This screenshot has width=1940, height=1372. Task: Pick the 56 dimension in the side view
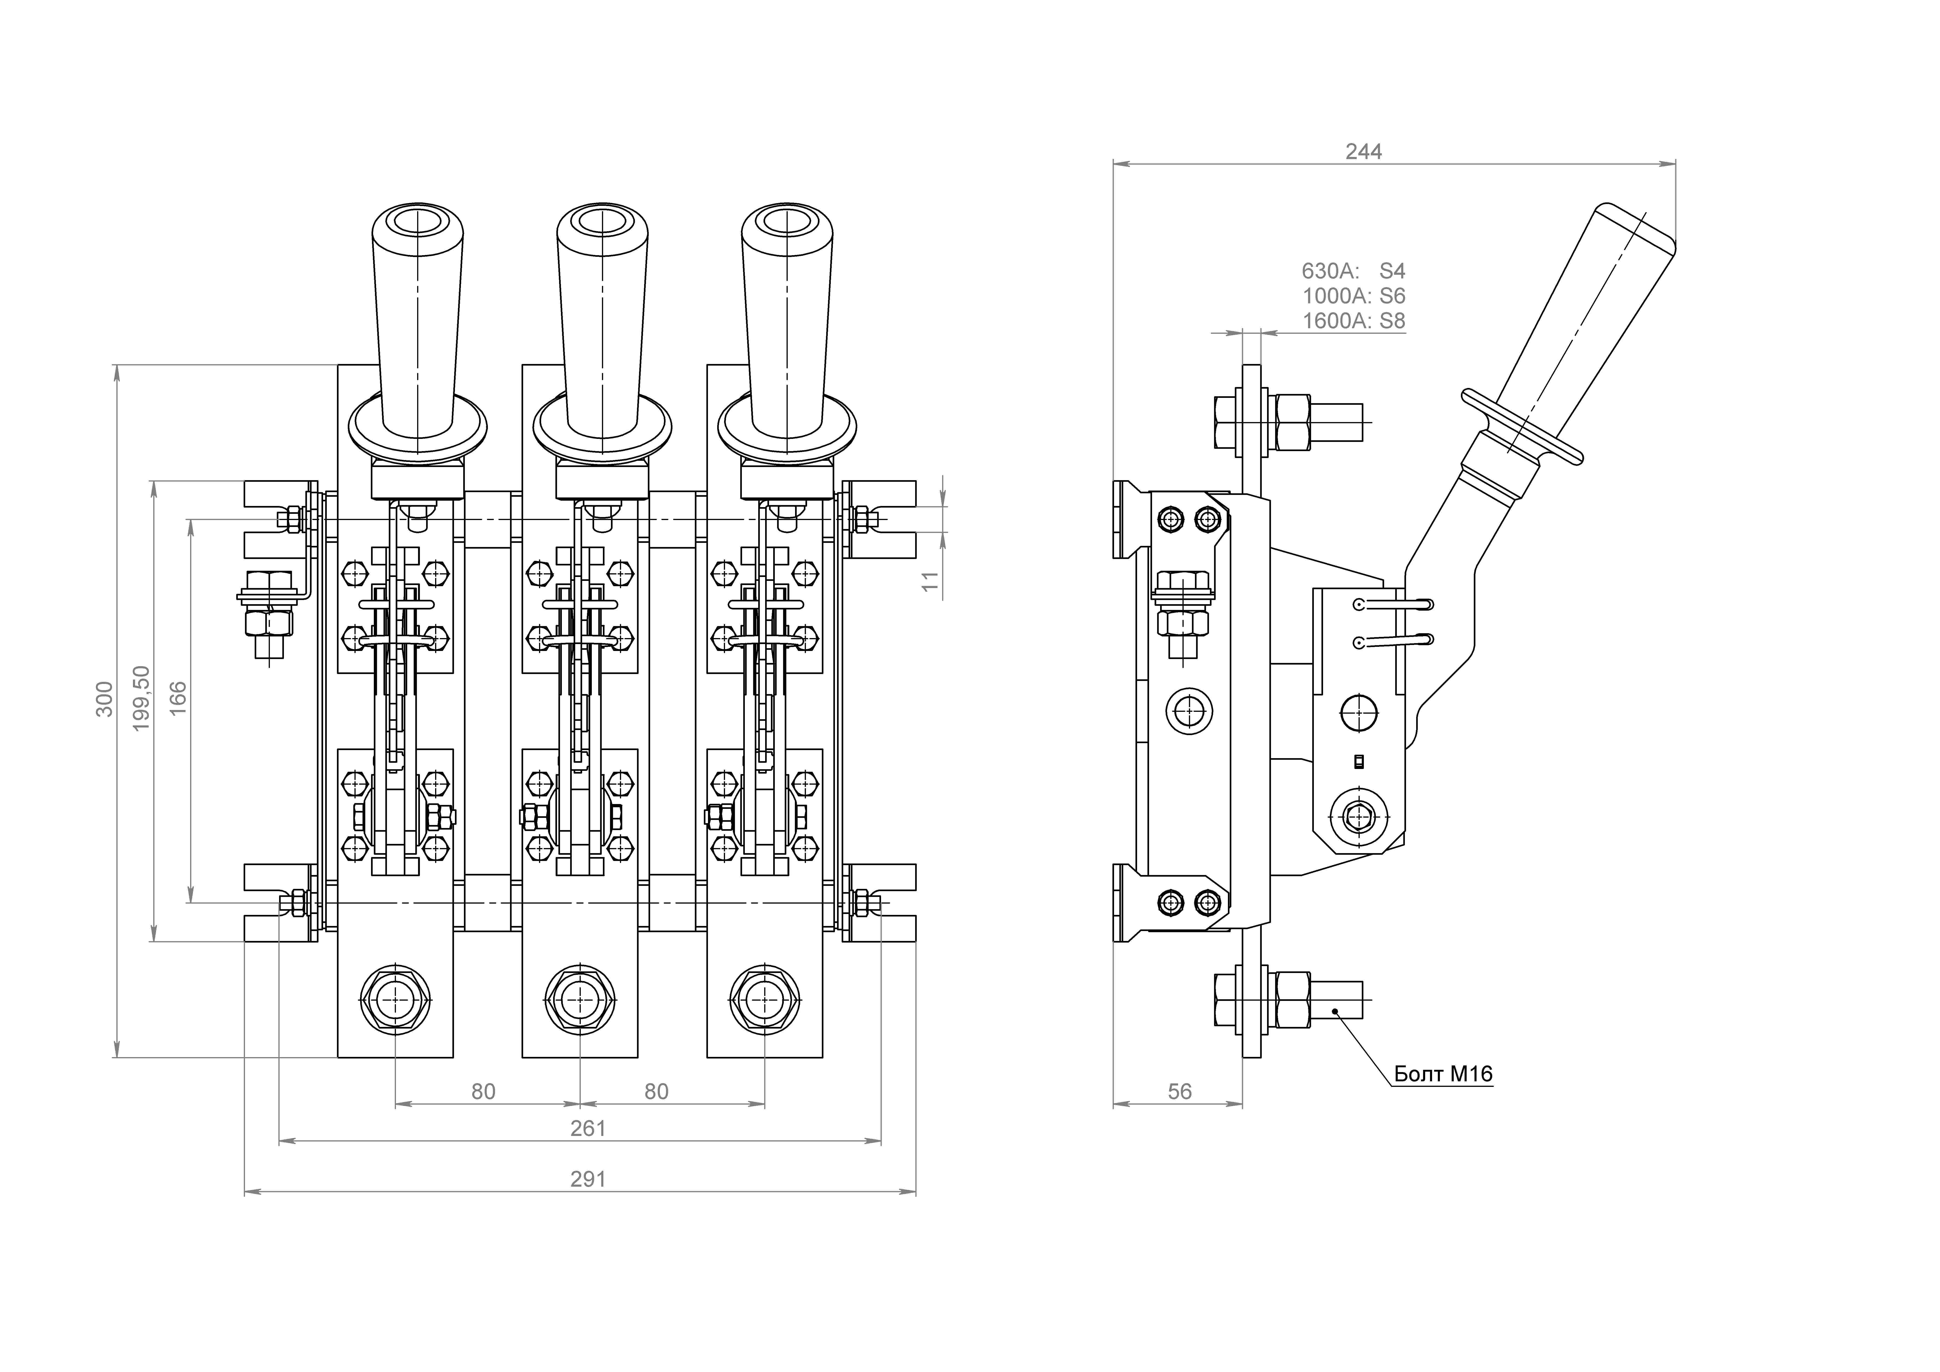[1179, 1092]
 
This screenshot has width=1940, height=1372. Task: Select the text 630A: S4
[1353, 271]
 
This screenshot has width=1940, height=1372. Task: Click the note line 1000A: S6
[1354, 296]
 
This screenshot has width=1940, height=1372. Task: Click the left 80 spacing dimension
[483, 1092]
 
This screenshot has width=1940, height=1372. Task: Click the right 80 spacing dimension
[657, 1092]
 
